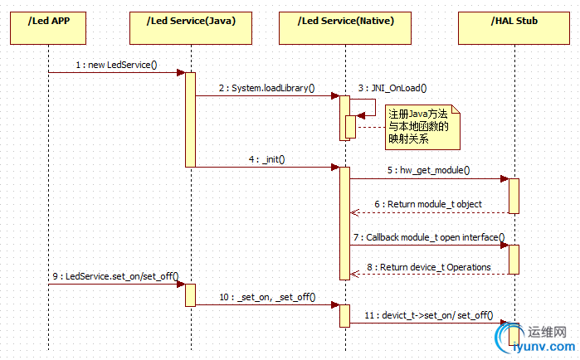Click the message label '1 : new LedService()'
pos(116,64)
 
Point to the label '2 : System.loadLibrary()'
pos(267,87)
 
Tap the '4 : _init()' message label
pos(267,158)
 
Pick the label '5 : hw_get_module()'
pos(428,170)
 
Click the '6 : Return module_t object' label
pos(427,204)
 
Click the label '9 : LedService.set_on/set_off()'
pos(116,276)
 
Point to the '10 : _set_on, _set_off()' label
pos(267,296)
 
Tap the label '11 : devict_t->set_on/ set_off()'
pos(428,315)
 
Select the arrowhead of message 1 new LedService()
pos(180,72)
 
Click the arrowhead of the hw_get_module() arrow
pos(504,178)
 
